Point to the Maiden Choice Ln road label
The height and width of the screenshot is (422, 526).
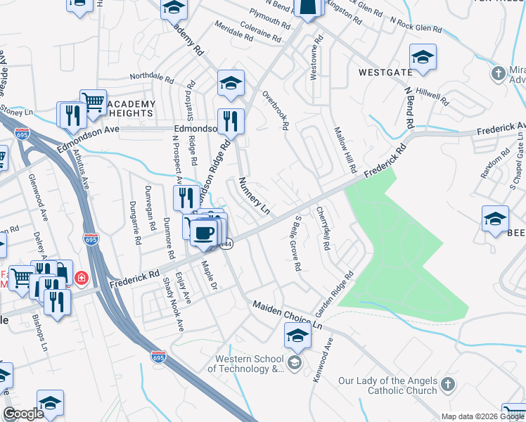click(287, 315)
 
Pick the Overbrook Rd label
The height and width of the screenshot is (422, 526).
click(276, 110)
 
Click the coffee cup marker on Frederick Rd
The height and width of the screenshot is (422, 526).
click(204, 233)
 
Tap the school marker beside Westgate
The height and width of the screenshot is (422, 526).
click(423, 57)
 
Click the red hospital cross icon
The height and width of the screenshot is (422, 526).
click(82, 278)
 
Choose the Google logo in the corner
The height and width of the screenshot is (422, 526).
click(23, 414)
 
